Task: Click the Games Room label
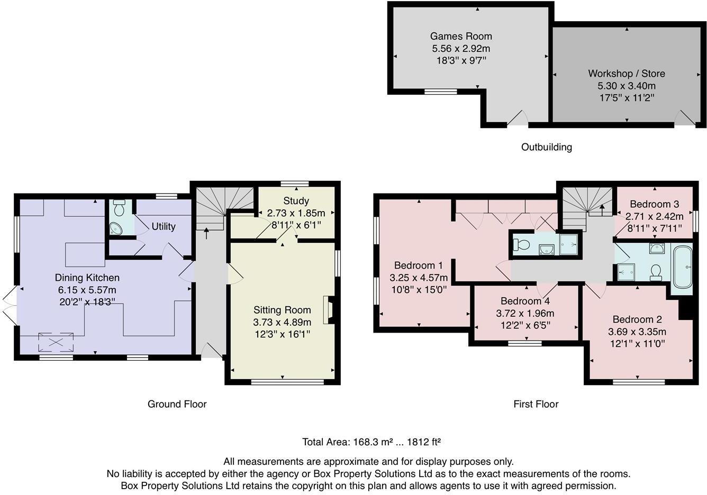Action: pos(461,36)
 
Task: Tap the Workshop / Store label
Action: pos(627,74)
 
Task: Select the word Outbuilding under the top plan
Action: pos(546,147)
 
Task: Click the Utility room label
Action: pos(164,226)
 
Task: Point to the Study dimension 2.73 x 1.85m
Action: pos(296,213)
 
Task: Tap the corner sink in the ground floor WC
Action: pos(116,228)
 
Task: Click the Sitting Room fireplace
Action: pos(328,309)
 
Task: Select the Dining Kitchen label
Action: pos(87,278)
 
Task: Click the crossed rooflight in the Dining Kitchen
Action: pos(56,342)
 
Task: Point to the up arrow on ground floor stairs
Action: pos(206,233)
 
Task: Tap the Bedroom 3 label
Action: pos(654,204)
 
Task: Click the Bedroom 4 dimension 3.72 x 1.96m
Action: pos(525,313)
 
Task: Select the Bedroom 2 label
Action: pos(637,319)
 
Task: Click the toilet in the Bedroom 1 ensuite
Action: pos(521,244)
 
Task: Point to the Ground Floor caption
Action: pos(177,404)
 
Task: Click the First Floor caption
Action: pos(536,404)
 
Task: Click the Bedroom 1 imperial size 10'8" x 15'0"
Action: pos(419,289)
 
